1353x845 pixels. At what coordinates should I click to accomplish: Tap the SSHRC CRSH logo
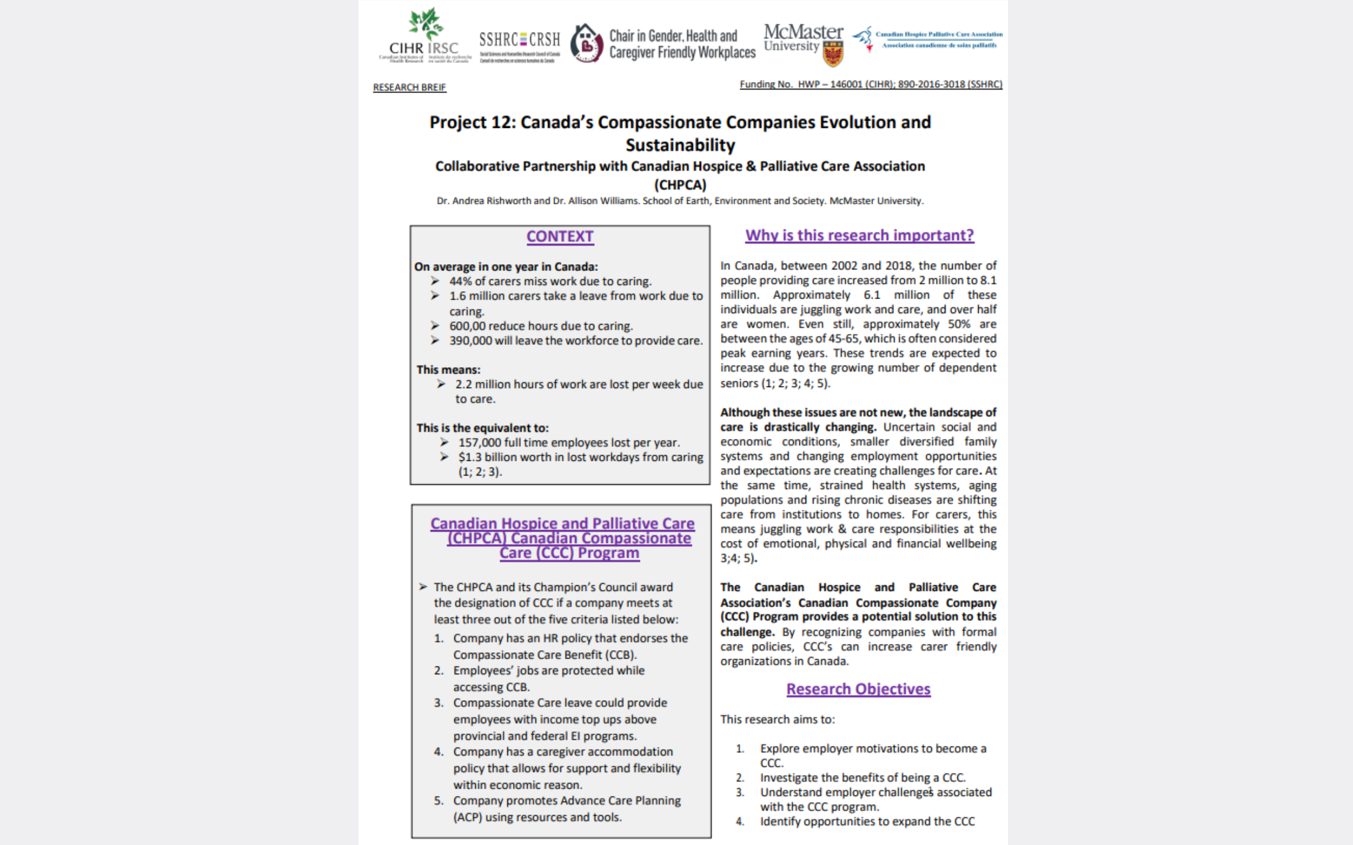(x=519, y=45)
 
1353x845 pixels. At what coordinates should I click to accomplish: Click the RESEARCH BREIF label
(x=409, y=87)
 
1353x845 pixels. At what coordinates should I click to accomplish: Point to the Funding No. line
(x=870, y=84)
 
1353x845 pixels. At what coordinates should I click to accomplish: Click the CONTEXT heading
(x=560, y=237)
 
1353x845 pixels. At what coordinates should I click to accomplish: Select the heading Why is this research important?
(x=859, y=235)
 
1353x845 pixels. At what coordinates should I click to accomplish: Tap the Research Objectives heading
(x=858, y=689)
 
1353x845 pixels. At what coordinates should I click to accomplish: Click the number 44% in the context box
(x=461, y=281)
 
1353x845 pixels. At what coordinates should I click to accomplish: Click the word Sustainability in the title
(x=680, y=145)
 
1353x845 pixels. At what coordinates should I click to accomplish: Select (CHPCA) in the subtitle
(x=680, y=185)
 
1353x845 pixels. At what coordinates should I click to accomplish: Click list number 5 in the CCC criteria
(x=439, y=801)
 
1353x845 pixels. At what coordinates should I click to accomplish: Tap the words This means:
(x=448, y=370)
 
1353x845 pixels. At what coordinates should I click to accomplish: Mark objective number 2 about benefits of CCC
(x=740, y=778)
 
